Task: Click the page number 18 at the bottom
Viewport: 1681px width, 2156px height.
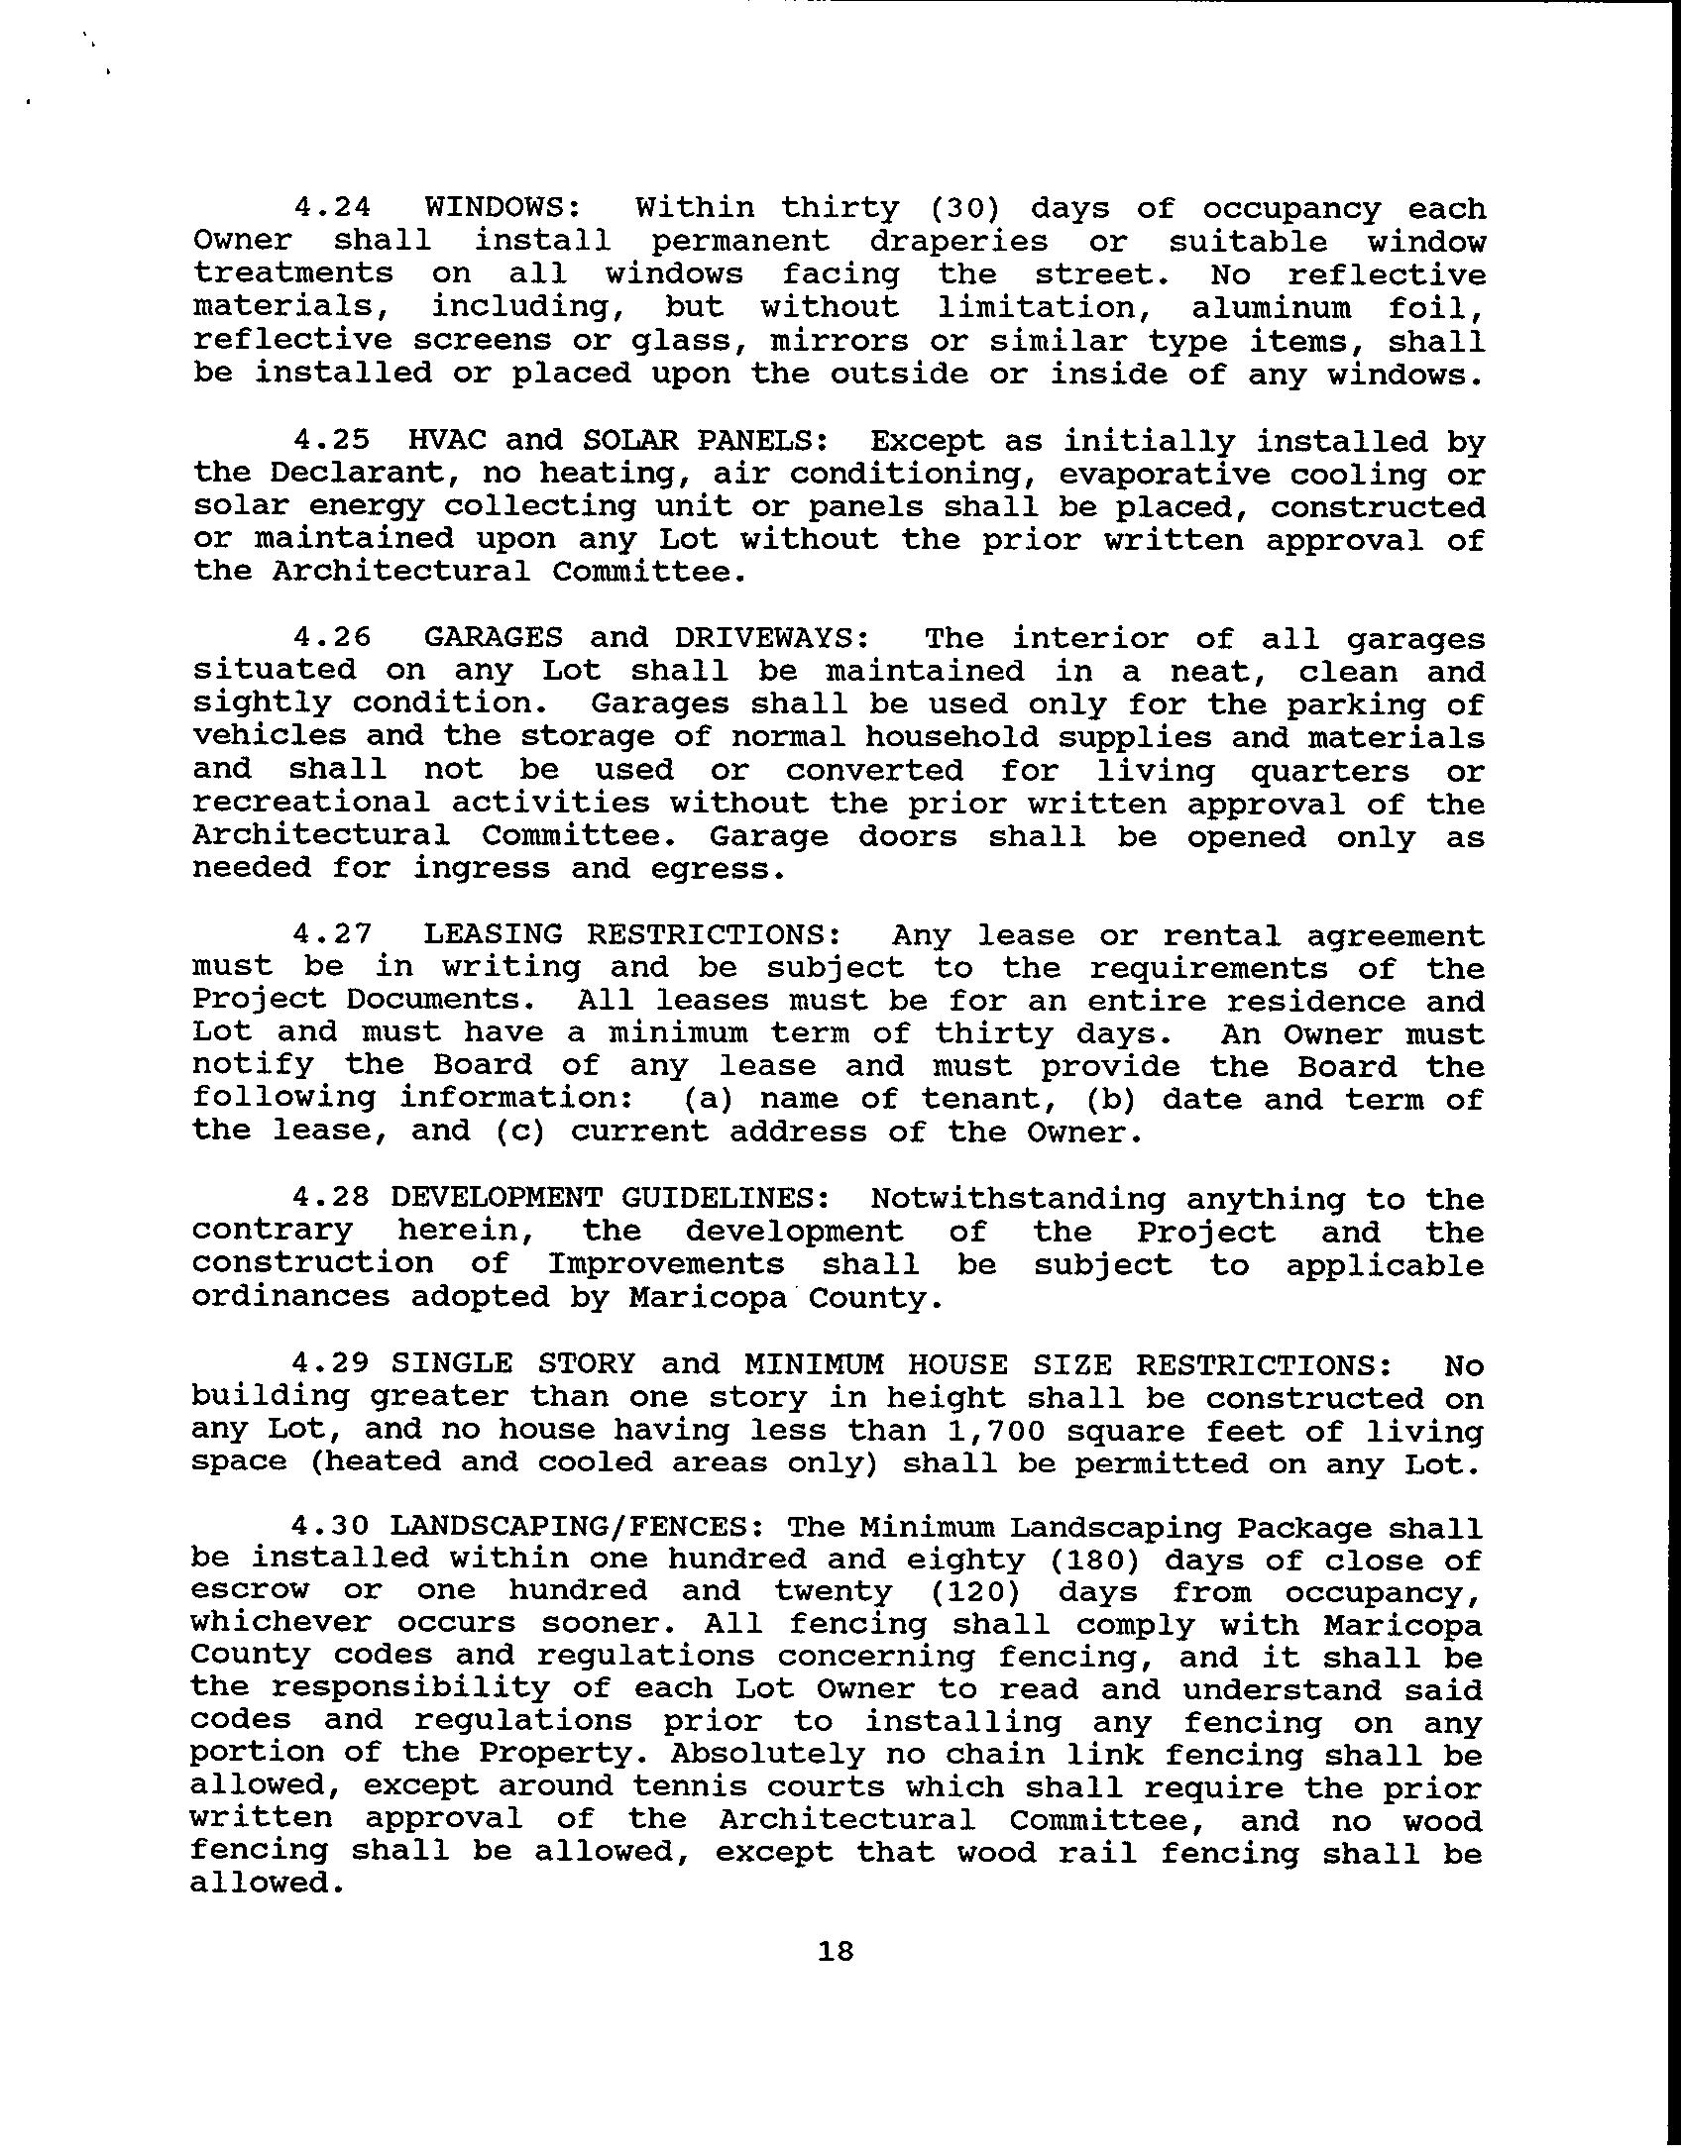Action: [836, 1951]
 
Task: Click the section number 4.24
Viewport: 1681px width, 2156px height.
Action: [332, 208]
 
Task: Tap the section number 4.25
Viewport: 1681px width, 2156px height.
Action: [332, 440]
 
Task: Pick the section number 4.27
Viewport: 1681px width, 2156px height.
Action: [332, 934]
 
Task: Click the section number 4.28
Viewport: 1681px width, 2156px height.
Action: [332, 1199]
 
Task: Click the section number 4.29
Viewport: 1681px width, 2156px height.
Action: [332, 1364]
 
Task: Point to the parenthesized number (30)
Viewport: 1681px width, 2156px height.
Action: [966, 208]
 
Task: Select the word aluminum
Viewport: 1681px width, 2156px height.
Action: [1272, 307]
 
